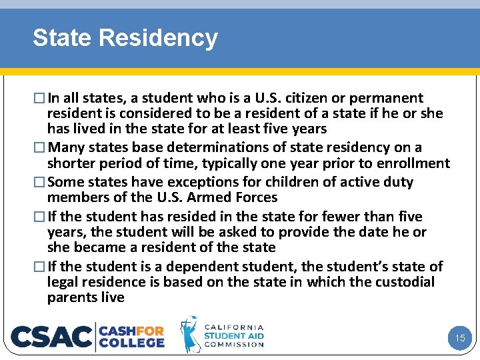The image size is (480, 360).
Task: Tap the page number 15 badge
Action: pos(460,338)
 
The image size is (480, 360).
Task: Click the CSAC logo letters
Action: pos(51,337)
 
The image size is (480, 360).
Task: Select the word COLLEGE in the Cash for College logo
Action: pos(132,343)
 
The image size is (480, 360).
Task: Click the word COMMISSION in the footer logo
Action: pos(234,345)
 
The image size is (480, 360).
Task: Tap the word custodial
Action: pos(405,282)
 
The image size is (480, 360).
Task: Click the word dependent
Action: pos(206,267)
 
